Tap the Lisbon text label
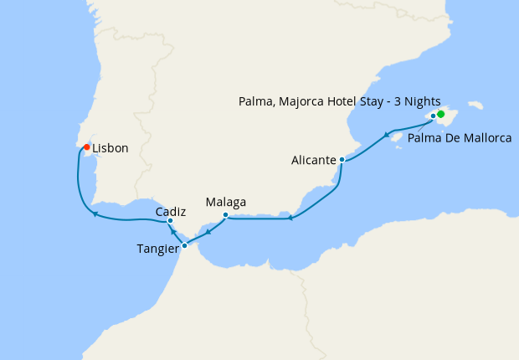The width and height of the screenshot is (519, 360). point(110,148)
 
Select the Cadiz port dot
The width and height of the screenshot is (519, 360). point(170,221)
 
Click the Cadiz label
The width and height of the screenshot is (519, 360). point(170,211)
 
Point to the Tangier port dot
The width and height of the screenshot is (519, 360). point(184,246)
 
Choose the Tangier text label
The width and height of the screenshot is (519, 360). point(157,248)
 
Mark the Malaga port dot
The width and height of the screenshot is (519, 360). point(226,215)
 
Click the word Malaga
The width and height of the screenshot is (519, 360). point(226,203)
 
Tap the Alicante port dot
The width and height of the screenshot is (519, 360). point(342,159)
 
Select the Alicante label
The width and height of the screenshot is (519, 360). point(314,159)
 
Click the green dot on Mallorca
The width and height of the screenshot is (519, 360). point(441,113)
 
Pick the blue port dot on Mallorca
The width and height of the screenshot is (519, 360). point(433,116)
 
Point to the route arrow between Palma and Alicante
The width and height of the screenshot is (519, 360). point(388,134)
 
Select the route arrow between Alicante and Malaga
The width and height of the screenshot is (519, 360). point(290,219)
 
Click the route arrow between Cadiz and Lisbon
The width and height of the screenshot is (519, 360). point(96,214)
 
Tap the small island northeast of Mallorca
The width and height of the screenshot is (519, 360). point(475,105)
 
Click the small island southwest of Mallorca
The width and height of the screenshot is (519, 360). point(399,149)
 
